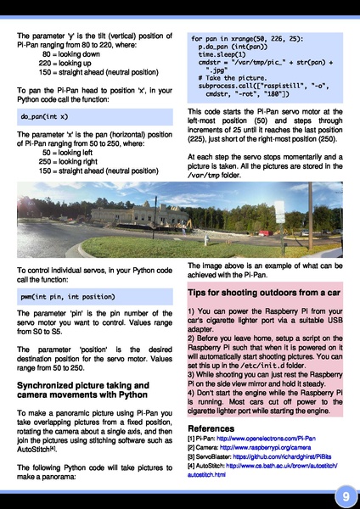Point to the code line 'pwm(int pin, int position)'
(x=69, y=297)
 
